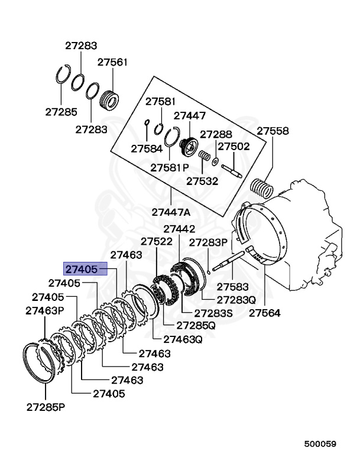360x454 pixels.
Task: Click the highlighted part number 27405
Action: pyautogui.click(x=82, y=270)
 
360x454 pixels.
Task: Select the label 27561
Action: pyautogui.click(x=112, y=61)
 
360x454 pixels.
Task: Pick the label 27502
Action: pyautogui.click(x=234, y=146)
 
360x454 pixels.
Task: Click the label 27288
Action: pyautogui.click(x=216, y=134)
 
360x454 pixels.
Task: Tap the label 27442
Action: pyautogui.click(x=179, y=228)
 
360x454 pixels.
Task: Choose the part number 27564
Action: pyautogui.click(x=264, y=313)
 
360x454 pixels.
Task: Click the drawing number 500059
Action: pyautogui.click(x=320, y=443)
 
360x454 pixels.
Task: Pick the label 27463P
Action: pyautogui.click(x=44, y=310)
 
